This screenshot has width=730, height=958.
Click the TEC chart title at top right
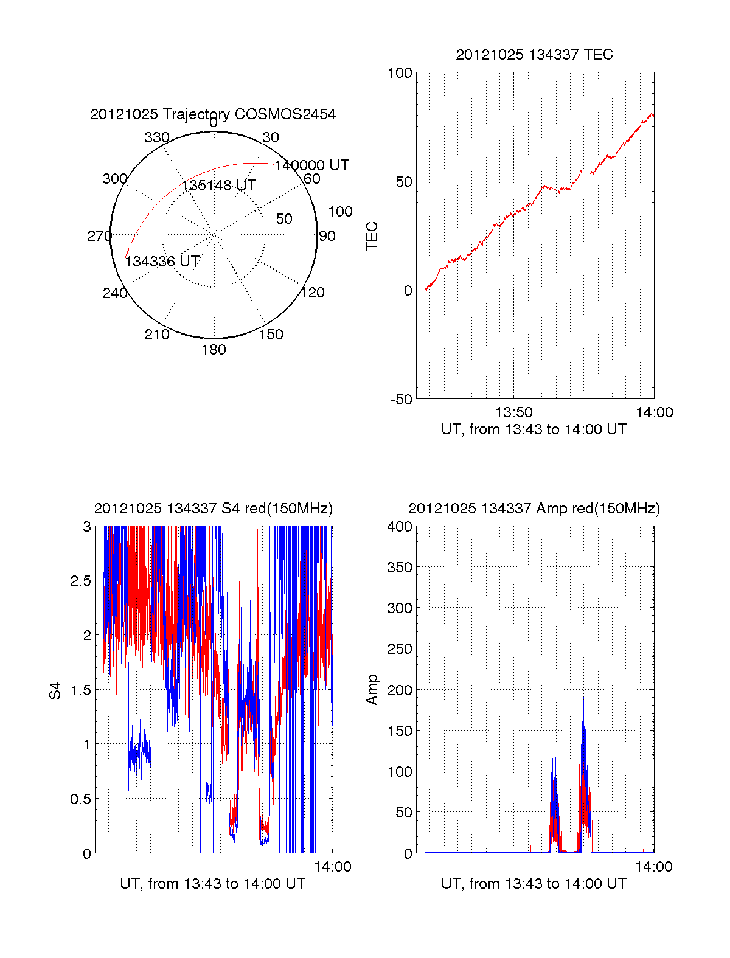[x=534, y=55]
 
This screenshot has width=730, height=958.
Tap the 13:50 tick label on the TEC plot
[x=514, y=412]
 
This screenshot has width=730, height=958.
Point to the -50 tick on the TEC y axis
[x=401, y=400]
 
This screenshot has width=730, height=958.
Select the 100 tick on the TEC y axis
[x=400, y=73]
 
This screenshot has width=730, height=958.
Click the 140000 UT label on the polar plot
[x=311, y=165]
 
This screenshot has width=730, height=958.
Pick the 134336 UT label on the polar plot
[x=162, y=262]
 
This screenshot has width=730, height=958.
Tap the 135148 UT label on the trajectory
[x=219, y=186]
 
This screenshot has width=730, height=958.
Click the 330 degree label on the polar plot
[x=156, y=137]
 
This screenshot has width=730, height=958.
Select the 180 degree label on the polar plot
[x=214, y=350]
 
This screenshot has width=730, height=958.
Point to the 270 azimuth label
[x=99, y=236]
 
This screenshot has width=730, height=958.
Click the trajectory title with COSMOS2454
[x=213, y=114]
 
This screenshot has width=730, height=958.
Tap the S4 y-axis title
[x=55, y=690]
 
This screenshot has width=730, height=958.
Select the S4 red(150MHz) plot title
[x=213, y=509]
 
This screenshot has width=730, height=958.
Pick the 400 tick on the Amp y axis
[x=400, y=527]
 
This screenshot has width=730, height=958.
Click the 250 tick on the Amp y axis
[x=400, y=649]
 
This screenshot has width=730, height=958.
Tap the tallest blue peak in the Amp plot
[x=583, y=687]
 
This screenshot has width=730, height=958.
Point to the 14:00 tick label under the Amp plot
[x=654, y=867]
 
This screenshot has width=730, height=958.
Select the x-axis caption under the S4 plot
[x=213, y=883]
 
